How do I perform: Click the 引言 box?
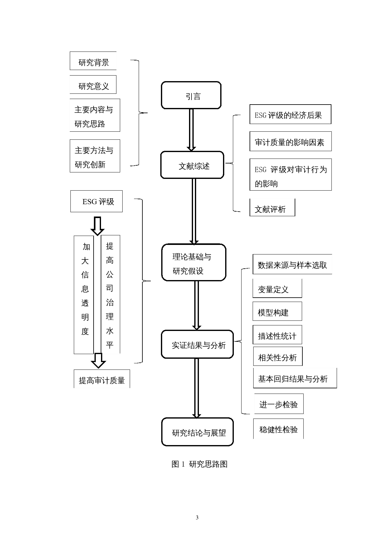tap(191, 95)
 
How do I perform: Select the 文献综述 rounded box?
tap(192, 165)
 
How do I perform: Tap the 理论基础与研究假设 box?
tap(194, 262)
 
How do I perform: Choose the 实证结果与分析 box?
tap(197, 344)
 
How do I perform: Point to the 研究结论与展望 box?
tap(197, 432)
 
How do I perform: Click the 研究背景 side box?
tap(93, 61)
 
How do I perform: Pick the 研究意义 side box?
tap(93, 85)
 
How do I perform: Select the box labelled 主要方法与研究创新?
tap(95, 156)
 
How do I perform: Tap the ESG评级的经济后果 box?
tap(290, 114)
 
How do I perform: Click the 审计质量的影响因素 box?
tap(290, 142)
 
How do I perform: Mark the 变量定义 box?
tap(277, 289)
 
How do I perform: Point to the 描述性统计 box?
tap(277, 335)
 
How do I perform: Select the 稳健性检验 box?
tap(278, 429)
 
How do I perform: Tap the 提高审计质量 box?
tap(102, 379)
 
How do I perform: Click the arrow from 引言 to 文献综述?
tap(191, 130)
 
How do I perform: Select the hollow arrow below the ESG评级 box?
tap(97, 226)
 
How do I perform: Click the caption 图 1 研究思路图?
tap(199, 464)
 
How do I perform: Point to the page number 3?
tap(197, 518)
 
